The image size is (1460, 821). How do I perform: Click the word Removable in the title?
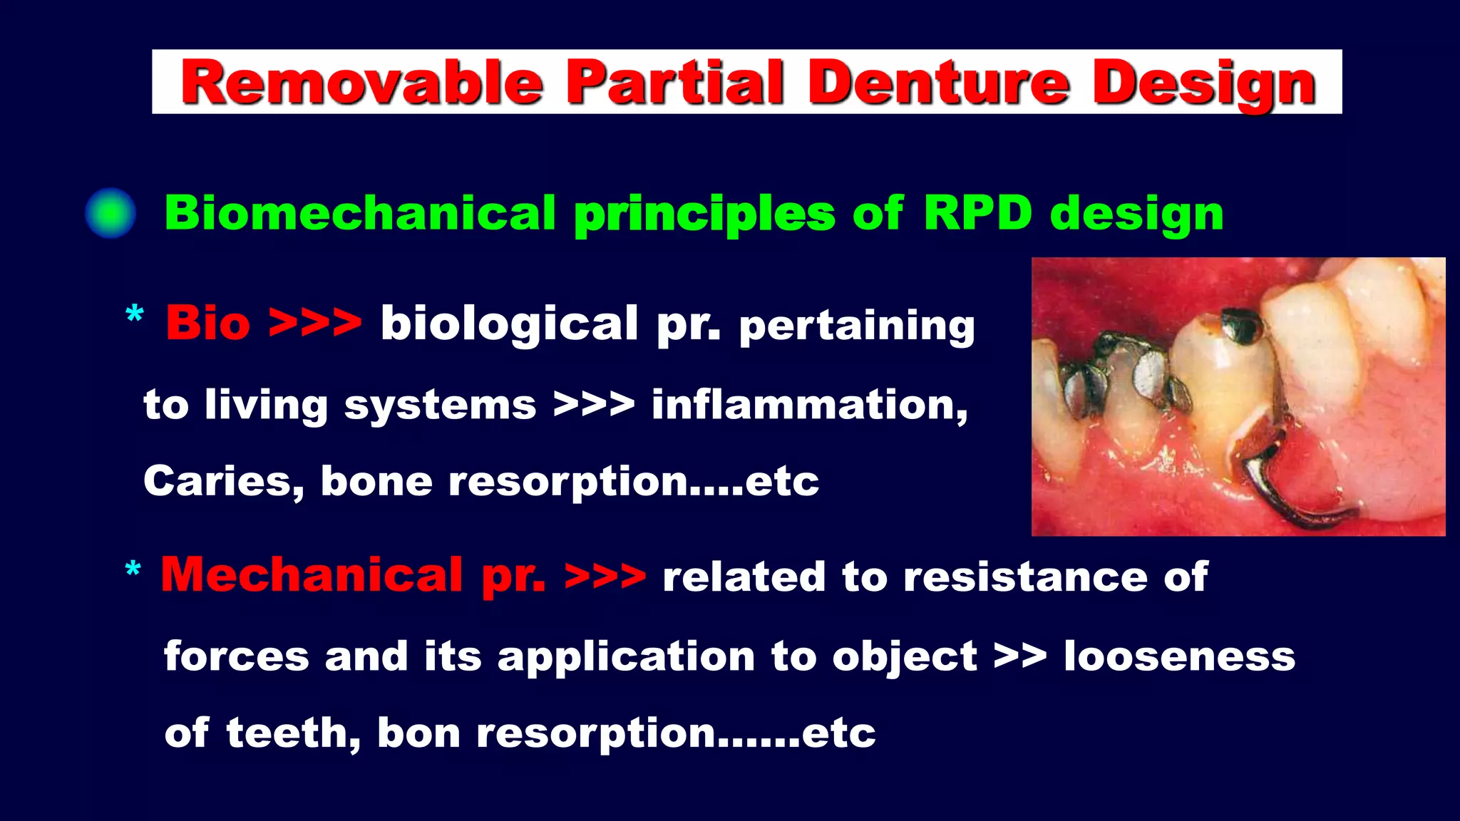click(361, 83)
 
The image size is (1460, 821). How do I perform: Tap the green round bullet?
click(110, 213)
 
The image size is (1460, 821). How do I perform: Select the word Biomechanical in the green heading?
click(360, 212)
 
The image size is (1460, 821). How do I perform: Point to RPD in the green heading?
click(977, 212)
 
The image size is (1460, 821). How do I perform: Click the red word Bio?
click(207, 323)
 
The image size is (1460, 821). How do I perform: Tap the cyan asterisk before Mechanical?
click(133, 570)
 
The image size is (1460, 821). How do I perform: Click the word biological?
click(509, 324)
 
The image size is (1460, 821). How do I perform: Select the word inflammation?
click(809, 405)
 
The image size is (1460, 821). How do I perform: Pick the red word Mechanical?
click(312, 575)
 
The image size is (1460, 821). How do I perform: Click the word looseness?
click(1179, 656)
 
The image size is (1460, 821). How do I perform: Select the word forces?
click(236, 656)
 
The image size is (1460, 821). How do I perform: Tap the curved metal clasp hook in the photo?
click(1276, 499)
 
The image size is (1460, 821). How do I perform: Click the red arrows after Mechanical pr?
click(605, 577)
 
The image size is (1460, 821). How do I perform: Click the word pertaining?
click(856, 326)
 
